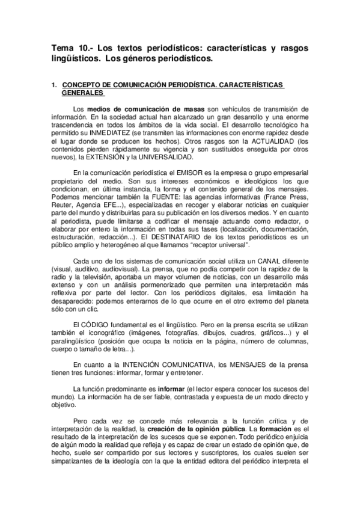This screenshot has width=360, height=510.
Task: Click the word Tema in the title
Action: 61,49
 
